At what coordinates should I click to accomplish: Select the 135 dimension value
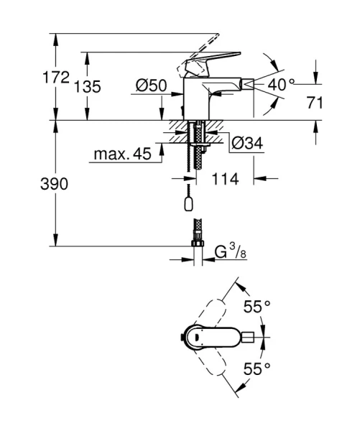tap(88, 87)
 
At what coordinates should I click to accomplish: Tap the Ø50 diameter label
tap(151, 85)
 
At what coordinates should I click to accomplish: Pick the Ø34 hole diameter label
tap(246, 144)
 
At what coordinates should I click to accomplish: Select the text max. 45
tap(121, 154)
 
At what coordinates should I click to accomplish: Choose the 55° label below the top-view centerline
tap(257, 369)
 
